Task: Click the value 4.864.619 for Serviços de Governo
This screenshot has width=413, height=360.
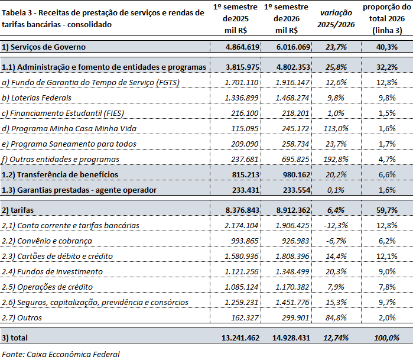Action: click(243, 47)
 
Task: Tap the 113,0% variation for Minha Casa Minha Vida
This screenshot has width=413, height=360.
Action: click(336, 129)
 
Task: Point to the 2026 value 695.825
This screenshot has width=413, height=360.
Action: click(292, 160)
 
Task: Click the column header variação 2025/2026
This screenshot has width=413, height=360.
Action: click(336, 18)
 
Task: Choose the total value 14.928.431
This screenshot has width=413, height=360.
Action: click(291, 338)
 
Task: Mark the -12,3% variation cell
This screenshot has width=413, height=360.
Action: click(336, 226)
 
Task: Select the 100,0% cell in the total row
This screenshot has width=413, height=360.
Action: click(386, 338)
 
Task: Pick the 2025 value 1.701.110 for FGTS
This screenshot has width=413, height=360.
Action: click(242, 83)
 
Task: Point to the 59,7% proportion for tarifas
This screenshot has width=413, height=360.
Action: click(386, 210)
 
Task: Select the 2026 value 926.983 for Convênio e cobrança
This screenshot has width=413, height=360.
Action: click(292, 241)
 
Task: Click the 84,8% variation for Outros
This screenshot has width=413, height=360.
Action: click(336, 318)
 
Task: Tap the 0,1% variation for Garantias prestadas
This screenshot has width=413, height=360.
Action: click(336, 190)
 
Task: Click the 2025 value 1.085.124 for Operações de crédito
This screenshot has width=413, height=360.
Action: click(242, 287)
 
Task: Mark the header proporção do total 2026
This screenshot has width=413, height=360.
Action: click(386, 18)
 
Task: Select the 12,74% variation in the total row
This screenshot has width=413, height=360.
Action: click(336, 338)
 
